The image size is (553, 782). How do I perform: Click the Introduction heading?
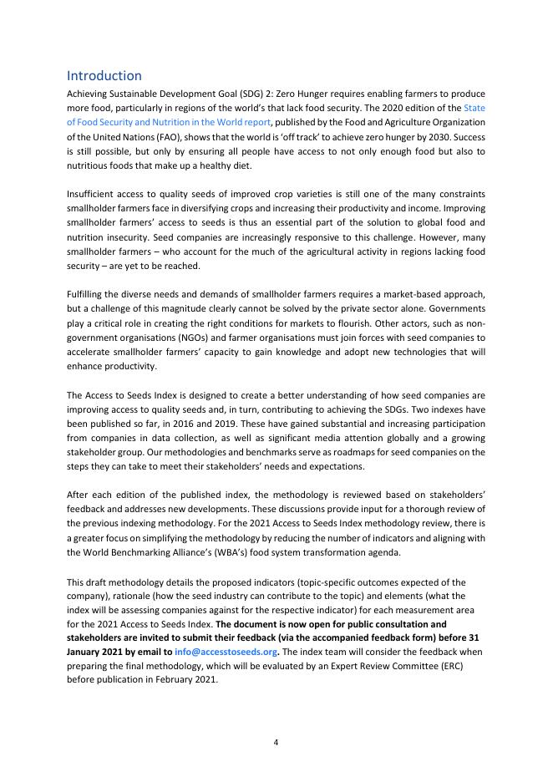tap(104, 75)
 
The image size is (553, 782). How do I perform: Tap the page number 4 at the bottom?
tap(276, 741)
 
